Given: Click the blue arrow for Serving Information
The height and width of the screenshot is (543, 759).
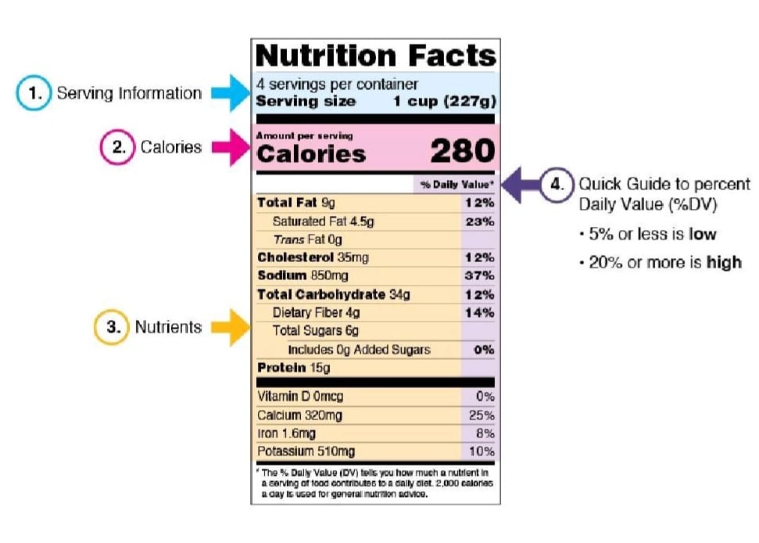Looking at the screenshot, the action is click(231, 93).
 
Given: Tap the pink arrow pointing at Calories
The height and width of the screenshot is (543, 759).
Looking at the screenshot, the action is click(231, 147).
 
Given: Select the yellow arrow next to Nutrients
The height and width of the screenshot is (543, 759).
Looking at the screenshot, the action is click(231, 328).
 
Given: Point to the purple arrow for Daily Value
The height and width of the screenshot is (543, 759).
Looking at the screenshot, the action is click(521, 185).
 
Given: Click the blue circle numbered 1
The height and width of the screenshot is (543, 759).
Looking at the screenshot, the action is click(34, 92).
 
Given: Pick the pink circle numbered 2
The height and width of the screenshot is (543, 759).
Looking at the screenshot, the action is click(117, 147).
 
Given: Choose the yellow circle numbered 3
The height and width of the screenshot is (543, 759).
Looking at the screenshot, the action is click(112, 327).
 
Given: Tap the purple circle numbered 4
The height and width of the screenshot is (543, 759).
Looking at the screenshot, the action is click(557, 184).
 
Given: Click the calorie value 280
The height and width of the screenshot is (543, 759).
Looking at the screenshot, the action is click(463, 151).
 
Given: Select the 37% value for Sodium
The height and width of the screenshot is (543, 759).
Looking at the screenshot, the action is click(480, 275).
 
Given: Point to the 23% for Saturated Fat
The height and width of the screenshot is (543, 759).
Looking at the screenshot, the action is click(480, 222).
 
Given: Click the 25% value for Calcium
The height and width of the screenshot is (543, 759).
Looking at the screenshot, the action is click(482, 415).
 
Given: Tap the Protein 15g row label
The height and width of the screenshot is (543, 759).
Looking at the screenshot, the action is click(293, 368).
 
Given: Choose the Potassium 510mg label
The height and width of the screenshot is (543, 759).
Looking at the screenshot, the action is click(306, 451).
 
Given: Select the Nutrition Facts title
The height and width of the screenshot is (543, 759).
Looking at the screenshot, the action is click(376, 56).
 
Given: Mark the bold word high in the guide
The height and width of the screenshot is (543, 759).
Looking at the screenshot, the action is click(724, 263).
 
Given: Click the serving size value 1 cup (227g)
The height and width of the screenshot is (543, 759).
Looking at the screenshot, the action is click(445, 101).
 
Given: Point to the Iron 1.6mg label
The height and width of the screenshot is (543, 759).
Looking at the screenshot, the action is click(287, 433).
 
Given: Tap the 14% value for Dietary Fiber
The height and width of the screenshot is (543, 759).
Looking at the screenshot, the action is click(480, 313).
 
